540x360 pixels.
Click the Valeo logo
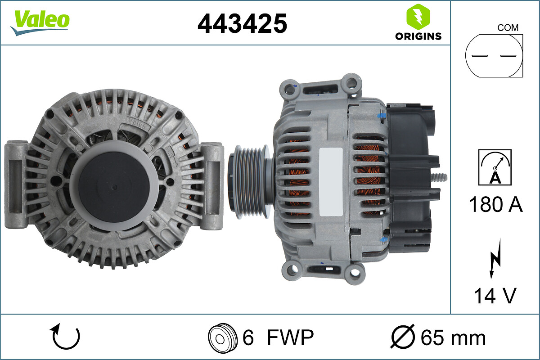click(x=40, y=22)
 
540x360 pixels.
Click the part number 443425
click(x=242, y=23)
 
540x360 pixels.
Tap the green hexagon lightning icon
click(x=418, y=17)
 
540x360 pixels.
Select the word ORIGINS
click(x=418, y=36)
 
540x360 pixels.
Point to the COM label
click(x=508, y=28)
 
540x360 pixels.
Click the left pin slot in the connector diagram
click(x=480, y=56)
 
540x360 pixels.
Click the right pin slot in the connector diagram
click(x=508, y=56)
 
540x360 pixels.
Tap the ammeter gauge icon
click(x=495, y=167)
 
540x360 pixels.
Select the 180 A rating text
click(x=495, y=204)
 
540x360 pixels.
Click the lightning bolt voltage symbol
click(x=495, y=258)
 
